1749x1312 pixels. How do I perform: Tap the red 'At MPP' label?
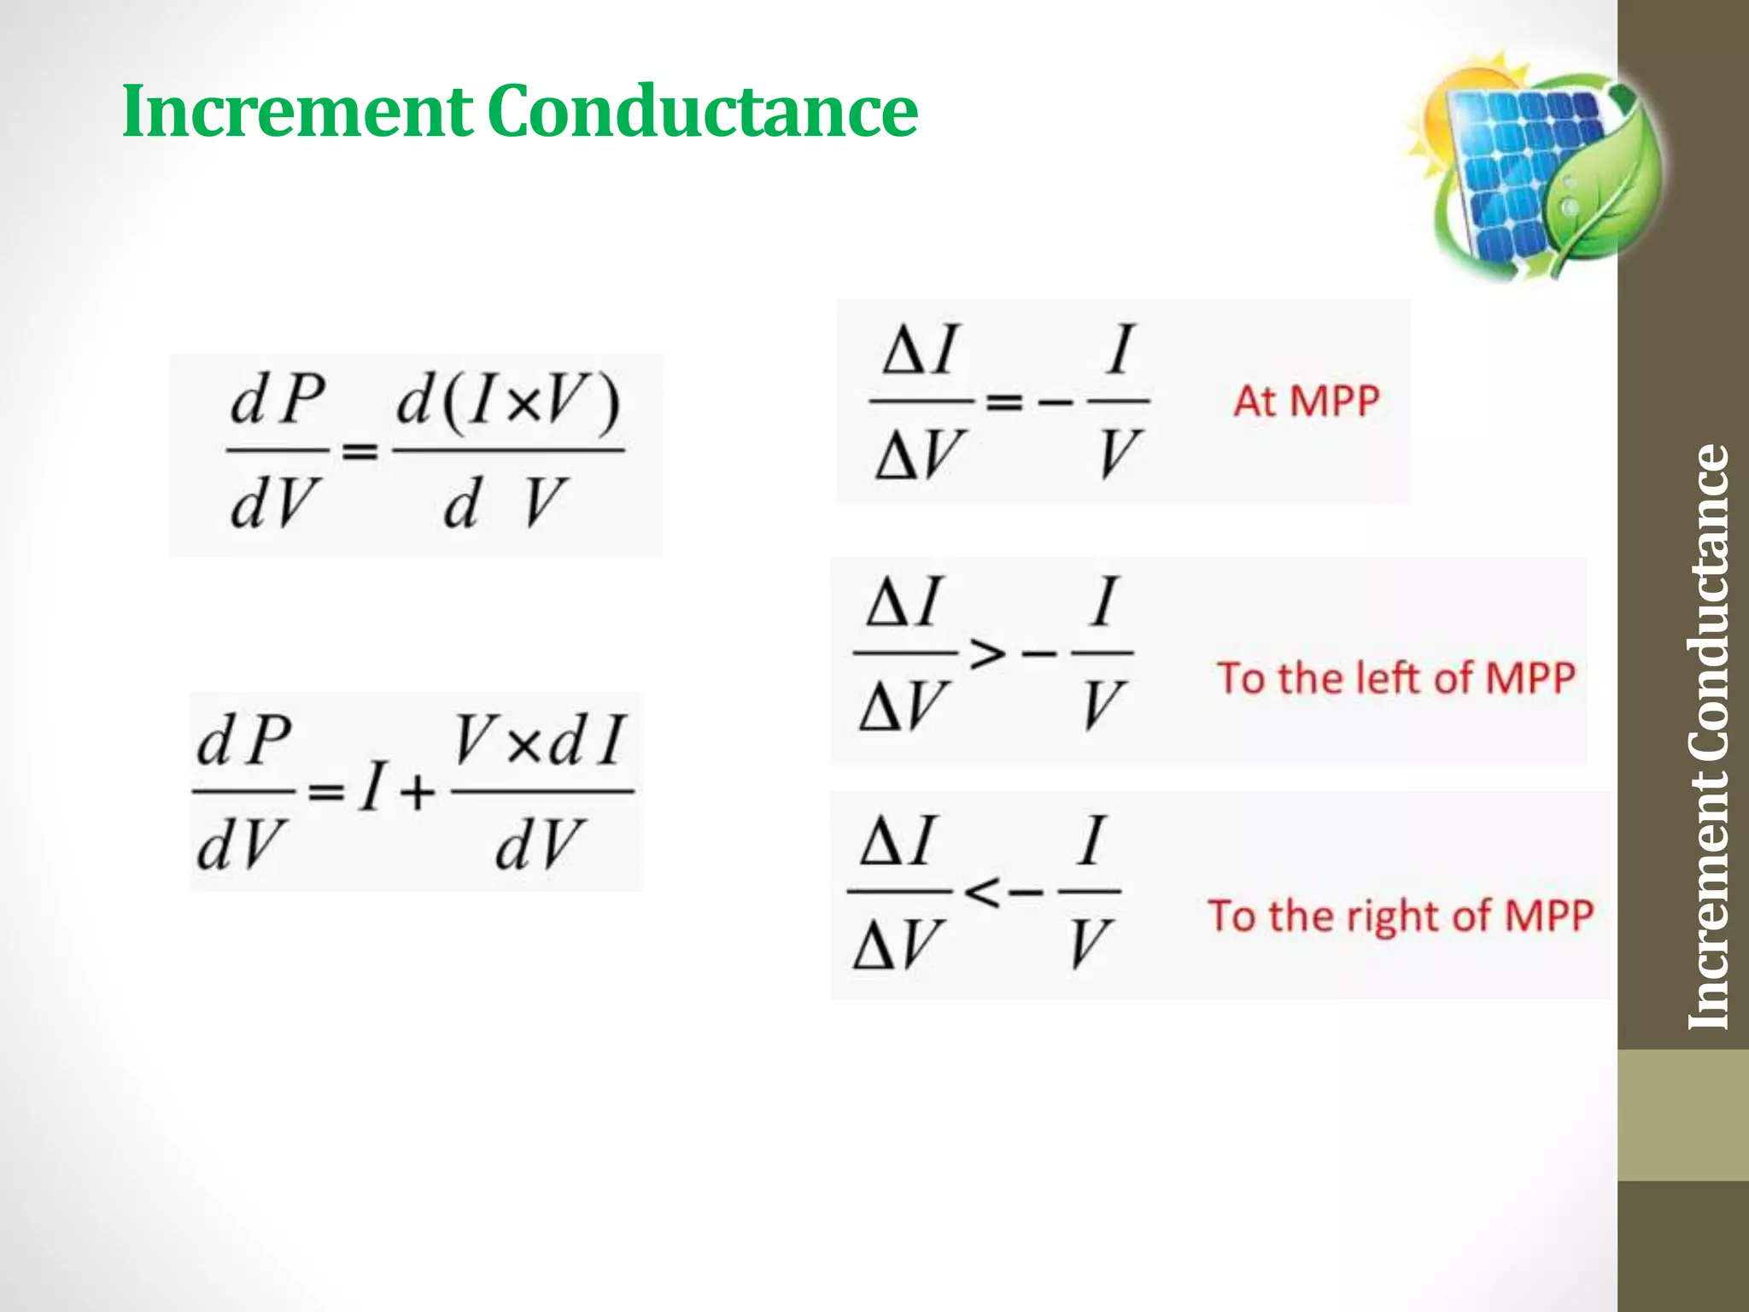[x=1306, y=401]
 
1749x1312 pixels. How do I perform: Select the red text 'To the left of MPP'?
[x=1396, y=679]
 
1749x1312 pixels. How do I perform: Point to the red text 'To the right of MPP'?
[x=1401, y=917]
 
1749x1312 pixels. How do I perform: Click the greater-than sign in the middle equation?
[x=987, y=654]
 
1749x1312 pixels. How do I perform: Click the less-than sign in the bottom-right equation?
[x=982, y=893]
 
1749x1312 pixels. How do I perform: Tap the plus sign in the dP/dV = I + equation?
[x=418, y=794]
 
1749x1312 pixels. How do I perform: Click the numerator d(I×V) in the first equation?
[x=508, y=403]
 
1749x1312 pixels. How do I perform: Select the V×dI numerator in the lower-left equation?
[x=541, y=740]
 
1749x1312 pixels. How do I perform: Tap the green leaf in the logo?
[x=1606, y=184]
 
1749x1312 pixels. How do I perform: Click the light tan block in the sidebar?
[x=1682, y=1115]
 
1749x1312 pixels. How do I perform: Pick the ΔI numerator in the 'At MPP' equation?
[x=921, y=351]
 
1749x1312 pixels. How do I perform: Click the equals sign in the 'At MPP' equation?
[x=1004, y=401]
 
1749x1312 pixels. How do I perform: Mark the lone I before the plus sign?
[x=371, y=788]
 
